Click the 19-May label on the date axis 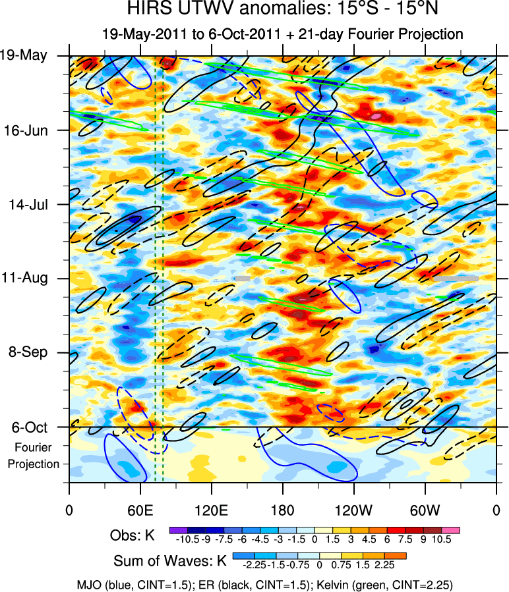coord(24,55)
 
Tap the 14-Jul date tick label coord(28,204)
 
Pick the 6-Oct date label coord(29,427)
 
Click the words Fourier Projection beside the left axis coord(34,456)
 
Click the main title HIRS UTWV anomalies coord(283,10)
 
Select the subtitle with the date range coord(283,34)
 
